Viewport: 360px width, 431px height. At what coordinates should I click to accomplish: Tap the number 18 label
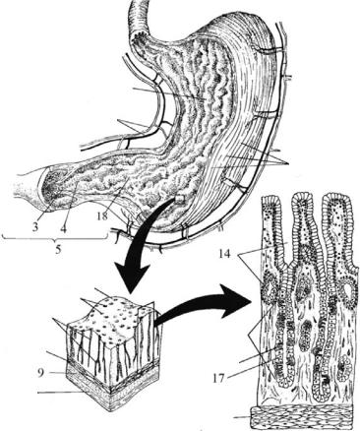pyautogui.click(x=103, y=216)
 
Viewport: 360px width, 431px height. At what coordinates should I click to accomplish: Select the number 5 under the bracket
pyautogui.click(x=58, y=250)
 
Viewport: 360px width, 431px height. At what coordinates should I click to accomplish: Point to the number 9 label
pyautogui.click(x=40, y=373)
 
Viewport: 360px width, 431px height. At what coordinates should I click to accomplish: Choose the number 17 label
pyautogui.click(x=218, y=379)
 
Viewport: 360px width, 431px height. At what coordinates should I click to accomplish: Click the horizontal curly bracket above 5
pyautogui.click(x=54, y=238)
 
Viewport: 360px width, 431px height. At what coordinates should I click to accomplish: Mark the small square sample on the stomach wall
pyautogui.click(x=180, y=199)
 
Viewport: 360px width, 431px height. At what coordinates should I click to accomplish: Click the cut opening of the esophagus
pyautogui.click(x=142, y=37)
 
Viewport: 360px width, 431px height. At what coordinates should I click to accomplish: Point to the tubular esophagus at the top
pyautogui.click(x=139, y=18)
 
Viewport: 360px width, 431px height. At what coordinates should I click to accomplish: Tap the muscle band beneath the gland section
pyautogui.click(x=303, y=417)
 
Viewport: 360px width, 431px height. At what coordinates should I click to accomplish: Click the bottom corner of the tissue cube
pyautogui.click(x=109, y=410)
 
